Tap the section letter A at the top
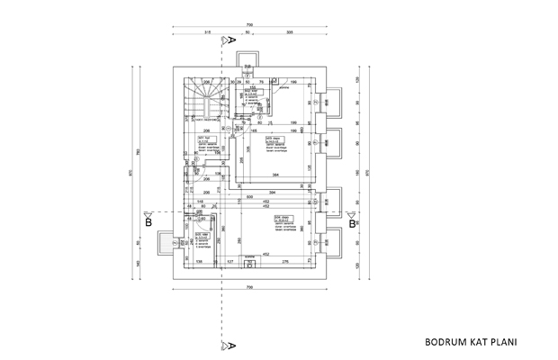pyautogui.click(x=232, y=40)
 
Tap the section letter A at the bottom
pyautogui.click(x=232, y=345)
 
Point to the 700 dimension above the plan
pyautogui.click(x=247, y=23)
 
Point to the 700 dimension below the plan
pyautogui.click(x=247, y=285)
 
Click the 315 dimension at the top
pyautogui.click(x=207, y=32)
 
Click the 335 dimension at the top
pyautogui.click(x=289, y=32)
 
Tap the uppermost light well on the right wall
pyautogui.click(x=334, y=102)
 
